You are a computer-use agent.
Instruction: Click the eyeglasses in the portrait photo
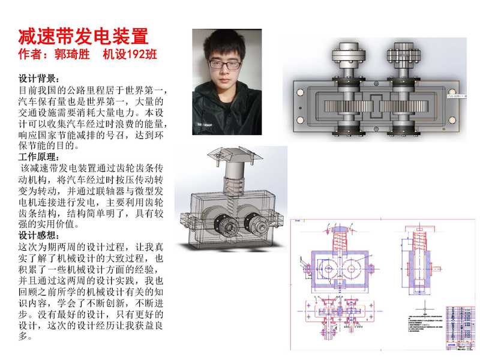[225, 64]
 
